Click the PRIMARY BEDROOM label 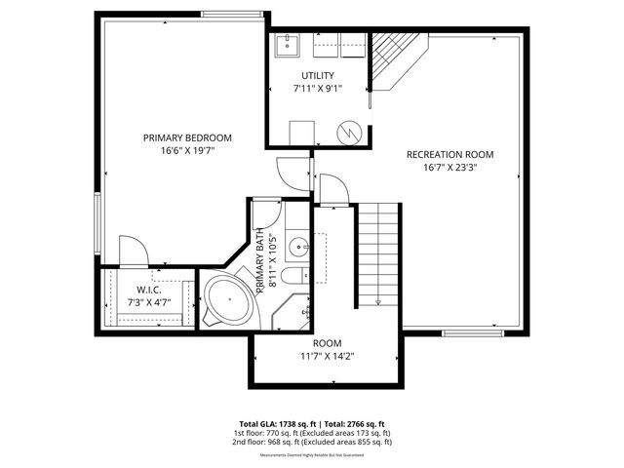pyautogui.click(x=187, y=137)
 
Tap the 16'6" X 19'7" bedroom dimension pyautogui.click(x=187, y=151)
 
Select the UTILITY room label pyautogui.click(x=317, y=75)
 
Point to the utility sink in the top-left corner pyautogui.click(x=288, y=44)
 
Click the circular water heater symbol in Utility pyautogui.click(x=350, y=131)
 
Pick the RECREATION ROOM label pyautogui.click(x=449, y=154)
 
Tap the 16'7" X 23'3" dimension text pyautogui.click(x=449, y=167)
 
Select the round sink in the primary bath pyautogui.click(x=301, y=245)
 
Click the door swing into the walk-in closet pyautogui.click(x=133, y=252)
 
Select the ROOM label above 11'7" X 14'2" pyautogui.click(x=327, y=343)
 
